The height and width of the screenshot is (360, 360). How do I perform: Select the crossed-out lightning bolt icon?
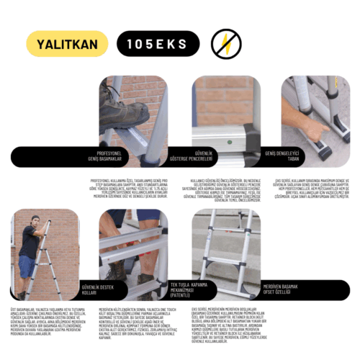(226, 43)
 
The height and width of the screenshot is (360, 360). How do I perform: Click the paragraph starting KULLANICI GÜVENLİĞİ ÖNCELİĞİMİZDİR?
(226, 189)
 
